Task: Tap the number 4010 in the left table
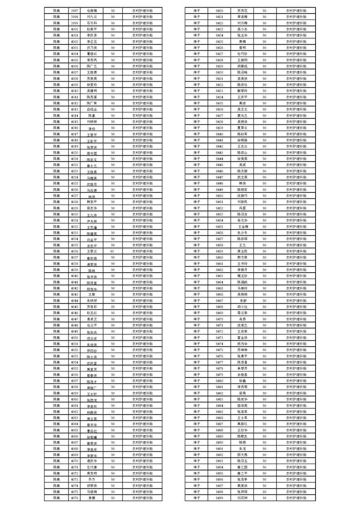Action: [74, 91]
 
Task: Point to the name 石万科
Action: [92, 22]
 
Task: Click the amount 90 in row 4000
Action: [113, 29]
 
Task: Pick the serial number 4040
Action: [74, 276]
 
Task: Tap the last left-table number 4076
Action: [74, 498]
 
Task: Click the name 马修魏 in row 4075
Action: [92, 491]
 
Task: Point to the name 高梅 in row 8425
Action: [242, 41]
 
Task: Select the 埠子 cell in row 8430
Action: [197, 72]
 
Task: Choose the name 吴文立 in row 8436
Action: [242, 109]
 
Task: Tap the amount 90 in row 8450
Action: [264, 195]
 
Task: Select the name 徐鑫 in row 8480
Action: [242, 380]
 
